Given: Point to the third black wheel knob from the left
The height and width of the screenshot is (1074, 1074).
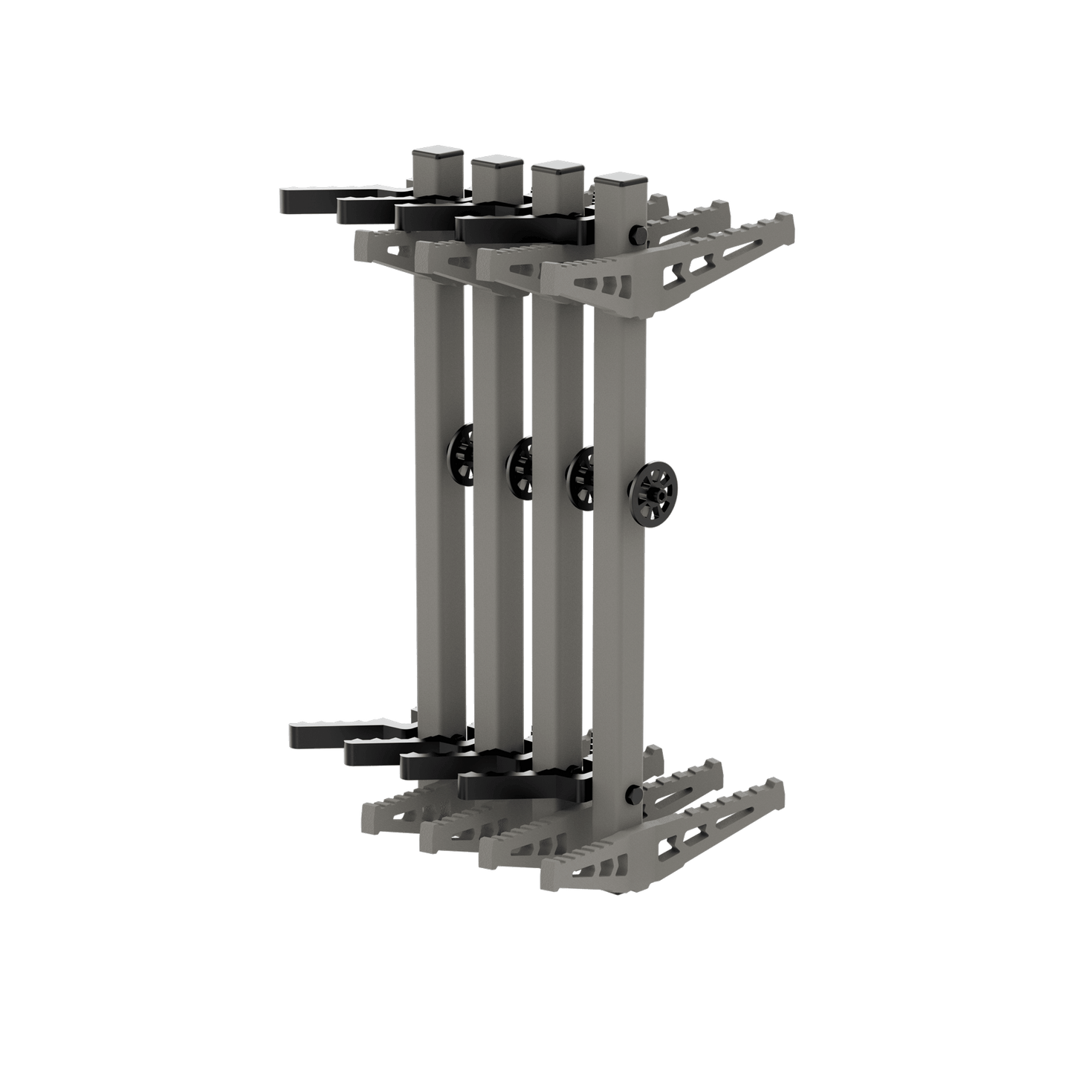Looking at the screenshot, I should coord(580,476).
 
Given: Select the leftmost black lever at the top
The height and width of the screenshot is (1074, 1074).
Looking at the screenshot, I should coord(305,198).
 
